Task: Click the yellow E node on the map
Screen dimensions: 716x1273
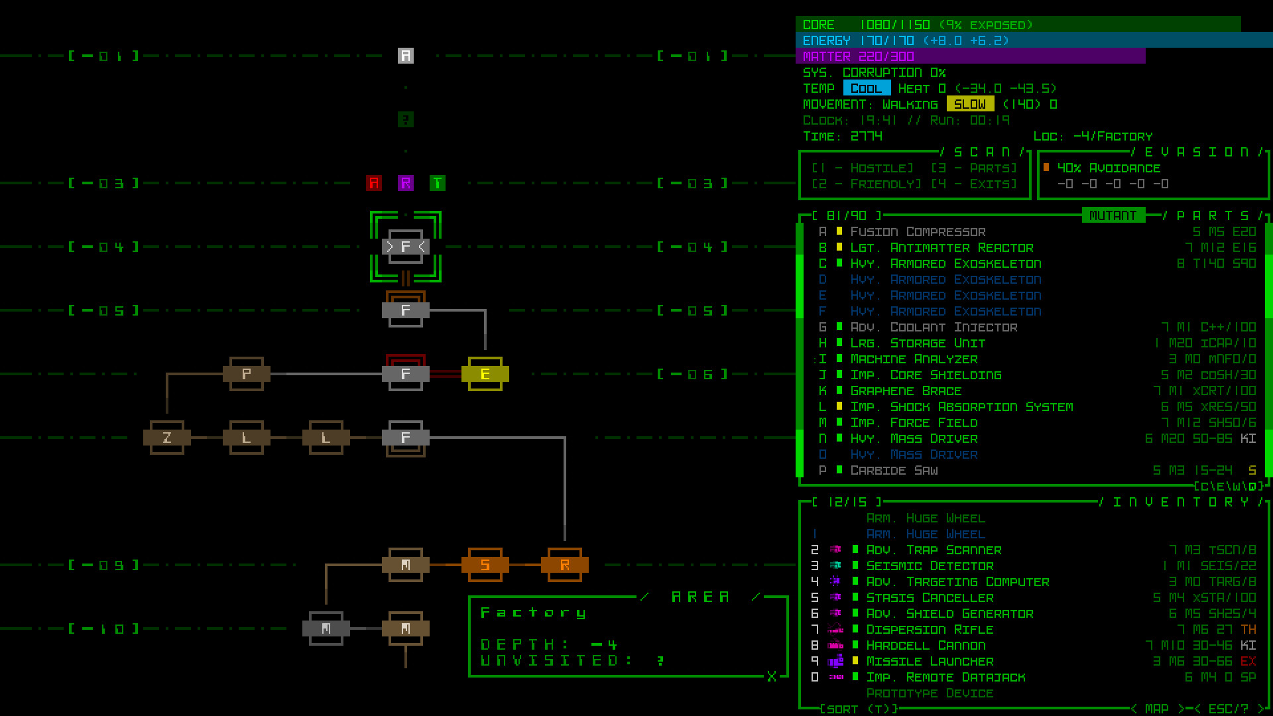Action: [485, 375]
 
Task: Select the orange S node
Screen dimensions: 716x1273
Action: [485, 565]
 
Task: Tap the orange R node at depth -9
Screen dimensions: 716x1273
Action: [565, 565]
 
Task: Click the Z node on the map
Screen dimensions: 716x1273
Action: [167, 438]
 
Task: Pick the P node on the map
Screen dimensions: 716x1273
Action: [247, 374]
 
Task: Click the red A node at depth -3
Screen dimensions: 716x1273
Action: [374, 183]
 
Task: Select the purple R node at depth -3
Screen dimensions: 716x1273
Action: [406, 183]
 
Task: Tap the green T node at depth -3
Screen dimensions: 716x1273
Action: [438, 183]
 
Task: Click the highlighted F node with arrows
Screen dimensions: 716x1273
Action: [406, 247]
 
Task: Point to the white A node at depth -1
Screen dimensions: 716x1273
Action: [406, 56]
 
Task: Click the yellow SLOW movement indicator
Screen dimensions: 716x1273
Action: [970, 104]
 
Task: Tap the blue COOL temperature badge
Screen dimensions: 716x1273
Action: [867, 88]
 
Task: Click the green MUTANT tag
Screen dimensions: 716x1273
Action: [1113, 215]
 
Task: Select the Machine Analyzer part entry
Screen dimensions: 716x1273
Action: [914, 359]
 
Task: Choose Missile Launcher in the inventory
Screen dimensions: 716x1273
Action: [930, 661]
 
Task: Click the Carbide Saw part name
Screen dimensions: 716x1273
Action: [894, 470]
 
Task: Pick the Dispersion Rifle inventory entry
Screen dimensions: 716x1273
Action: [930, 629]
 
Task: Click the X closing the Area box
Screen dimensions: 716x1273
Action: [772, 676]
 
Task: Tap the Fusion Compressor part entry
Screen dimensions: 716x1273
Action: [918, 231]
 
